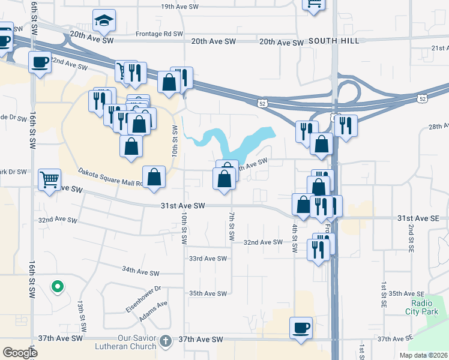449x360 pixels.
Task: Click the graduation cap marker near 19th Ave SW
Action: [104, 22]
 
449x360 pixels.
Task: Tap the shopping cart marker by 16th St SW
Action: [49, 179]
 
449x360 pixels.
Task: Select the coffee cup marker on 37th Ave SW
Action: [301, 328]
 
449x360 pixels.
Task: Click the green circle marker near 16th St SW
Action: [57, 287]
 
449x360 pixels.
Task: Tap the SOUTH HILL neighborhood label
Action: [334, 41]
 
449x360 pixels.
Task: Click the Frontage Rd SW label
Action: [159, 34]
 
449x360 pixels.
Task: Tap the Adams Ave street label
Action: [153, 311]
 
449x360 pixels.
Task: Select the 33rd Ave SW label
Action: [208, 259]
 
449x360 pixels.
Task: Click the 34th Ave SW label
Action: [140, 272]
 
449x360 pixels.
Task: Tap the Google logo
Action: [20, 352]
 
